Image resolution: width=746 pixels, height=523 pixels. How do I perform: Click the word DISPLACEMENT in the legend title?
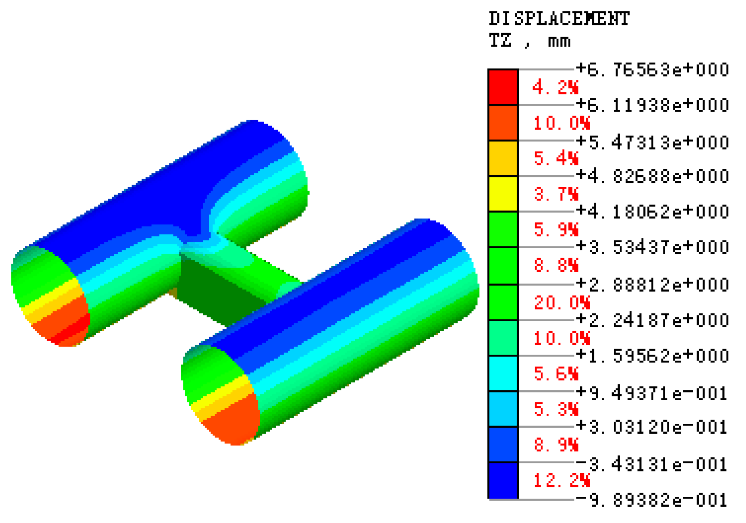pos(559,19)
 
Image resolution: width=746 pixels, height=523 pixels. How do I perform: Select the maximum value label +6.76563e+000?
pos(652,70)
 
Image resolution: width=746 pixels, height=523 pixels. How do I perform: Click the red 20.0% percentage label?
pos(561,303)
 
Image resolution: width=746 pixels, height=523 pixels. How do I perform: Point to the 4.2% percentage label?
pos(555,88)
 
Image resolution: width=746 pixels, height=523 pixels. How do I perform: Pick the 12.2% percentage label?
pos(561,480)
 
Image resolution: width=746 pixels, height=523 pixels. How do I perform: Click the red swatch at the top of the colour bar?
pos(503,87)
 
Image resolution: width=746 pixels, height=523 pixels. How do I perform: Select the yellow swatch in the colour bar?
pos(503,194)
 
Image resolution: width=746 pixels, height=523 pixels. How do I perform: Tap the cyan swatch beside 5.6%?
pos(503,374)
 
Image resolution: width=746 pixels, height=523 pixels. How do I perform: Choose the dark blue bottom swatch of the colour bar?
pos(503,480)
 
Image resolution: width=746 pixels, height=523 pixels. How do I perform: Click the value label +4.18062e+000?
pos(652,212)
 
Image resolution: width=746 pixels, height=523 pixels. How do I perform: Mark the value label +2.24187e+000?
pos(652,320)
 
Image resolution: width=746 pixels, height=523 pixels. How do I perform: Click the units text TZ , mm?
pos(530,41)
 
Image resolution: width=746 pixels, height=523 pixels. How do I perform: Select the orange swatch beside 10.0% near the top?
pos(503,123)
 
